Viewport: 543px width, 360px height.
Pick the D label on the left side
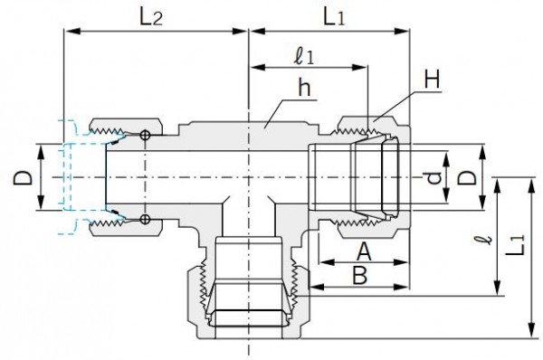pos(22,177)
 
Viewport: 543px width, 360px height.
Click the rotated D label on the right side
pos(464,177)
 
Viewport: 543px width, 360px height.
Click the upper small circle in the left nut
pos(145,136)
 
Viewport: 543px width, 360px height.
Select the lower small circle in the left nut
pos(145,219)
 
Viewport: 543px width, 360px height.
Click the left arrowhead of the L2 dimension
pos(67,33)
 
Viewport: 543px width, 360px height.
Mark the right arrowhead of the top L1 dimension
pos(405,33)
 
